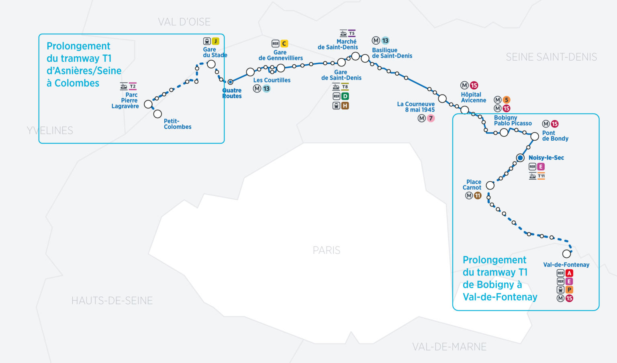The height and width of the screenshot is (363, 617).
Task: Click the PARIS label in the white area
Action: point(326,250)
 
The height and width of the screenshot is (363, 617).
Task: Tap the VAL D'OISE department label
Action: point(184,22)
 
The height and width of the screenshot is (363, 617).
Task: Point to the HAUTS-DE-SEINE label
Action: point(112,301)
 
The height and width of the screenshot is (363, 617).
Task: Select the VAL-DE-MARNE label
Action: point(449,347)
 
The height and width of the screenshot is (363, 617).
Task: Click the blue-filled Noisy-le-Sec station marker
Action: point(520,158)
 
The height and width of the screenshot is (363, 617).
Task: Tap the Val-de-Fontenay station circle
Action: point(566,254)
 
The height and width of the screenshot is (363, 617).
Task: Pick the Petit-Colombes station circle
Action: point(157,114)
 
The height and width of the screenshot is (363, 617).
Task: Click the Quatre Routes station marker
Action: point(230,82)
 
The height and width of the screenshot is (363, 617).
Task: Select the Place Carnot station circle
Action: point(490,185)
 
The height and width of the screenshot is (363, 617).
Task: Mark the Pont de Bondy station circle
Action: point(535,137)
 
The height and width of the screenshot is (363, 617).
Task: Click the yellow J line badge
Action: point(216,41)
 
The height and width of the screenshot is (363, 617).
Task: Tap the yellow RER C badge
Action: point(284,43)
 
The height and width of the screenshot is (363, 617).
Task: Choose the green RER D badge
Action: point(345,96)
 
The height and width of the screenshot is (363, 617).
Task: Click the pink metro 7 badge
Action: point(431,118)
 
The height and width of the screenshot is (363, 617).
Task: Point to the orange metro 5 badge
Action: point(507,100)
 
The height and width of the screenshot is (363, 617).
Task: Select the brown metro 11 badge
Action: point(478,196)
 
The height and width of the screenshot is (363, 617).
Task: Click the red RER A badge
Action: point(569,273)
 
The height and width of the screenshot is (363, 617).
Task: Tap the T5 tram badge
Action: point(351,33)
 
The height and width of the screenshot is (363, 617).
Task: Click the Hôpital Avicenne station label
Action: point(473,97)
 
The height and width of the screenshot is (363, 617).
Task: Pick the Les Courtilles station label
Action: point(272,80)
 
